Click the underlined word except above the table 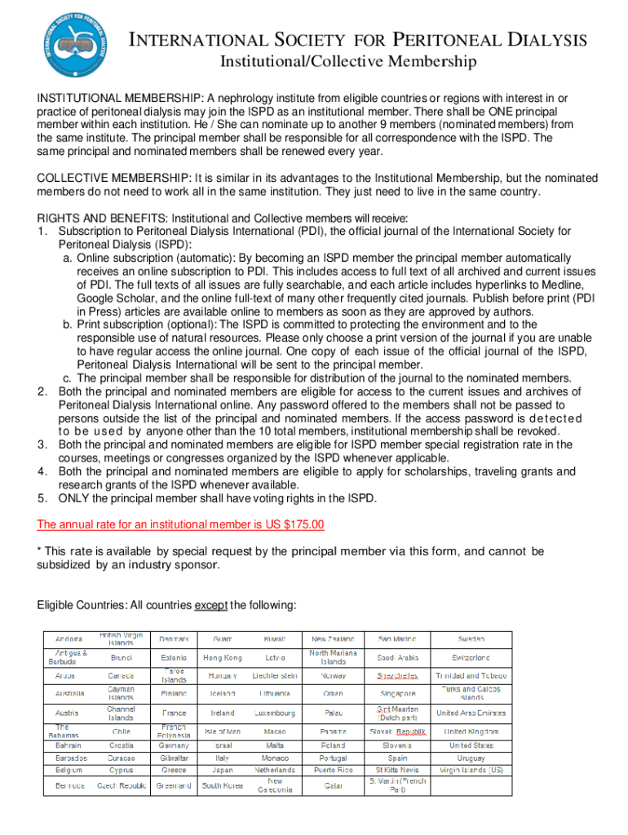click(x=210, y=605)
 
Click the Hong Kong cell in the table click(x=223, y=657)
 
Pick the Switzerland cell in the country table click(x=471, y=657)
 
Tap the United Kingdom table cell click(x=471, y=731)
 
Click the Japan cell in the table click(x=223, y=769)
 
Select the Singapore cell click(x=397, y=694)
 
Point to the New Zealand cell click(x=334, y=638)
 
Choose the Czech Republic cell click(x=122, y=786)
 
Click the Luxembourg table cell click(x=275, y=713)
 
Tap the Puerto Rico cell click(x=334, y=769)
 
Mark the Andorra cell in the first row click(x=69, y=638)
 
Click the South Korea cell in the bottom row click(x=223, y=786)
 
